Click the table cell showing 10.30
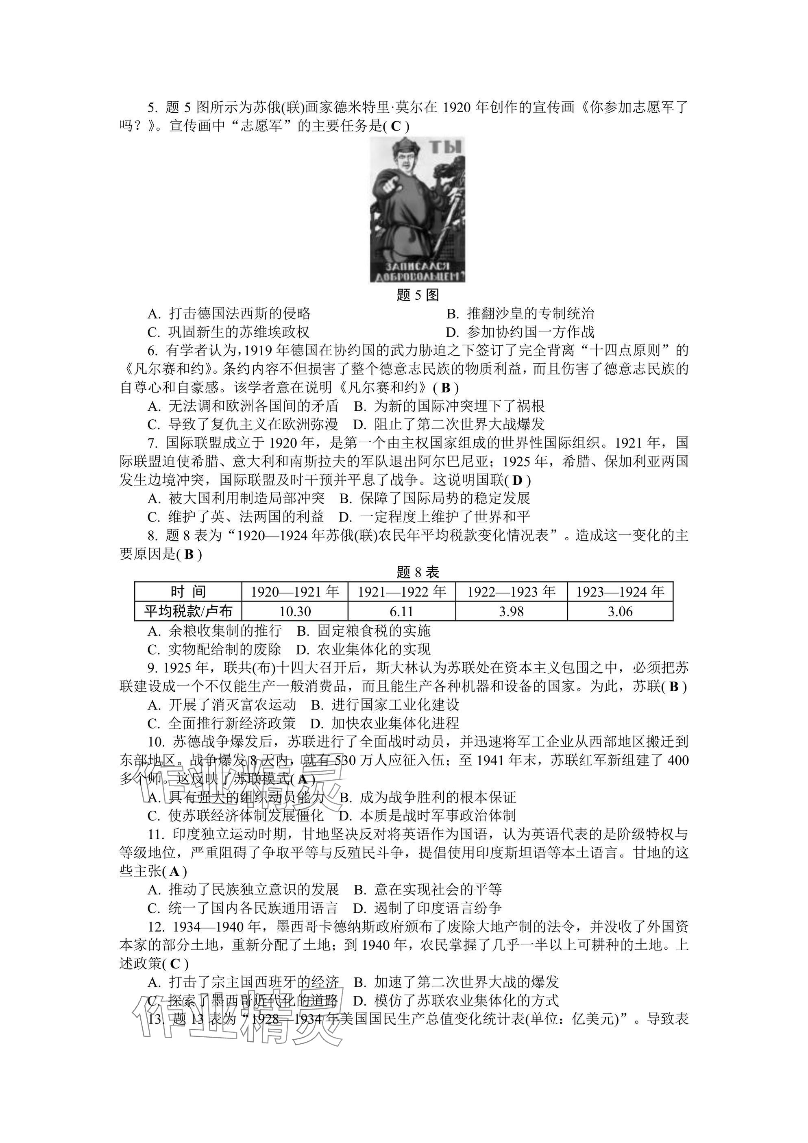click(x=294, y=611)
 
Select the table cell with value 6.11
click(x=401, y=611)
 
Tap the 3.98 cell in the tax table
click(x=511, y=611)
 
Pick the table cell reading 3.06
click(x=620, y=611)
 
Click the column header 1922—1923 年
click(x=511, y=592)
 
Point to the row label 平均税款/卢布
click(x=188, y=611)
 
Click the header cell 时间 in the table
click(x=188, y=592)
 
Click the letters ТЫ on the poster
click(x=445, y=147)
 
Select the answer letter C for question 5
click(x=396, y=127)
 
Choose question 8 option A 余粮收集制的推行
click(x=215, y=631)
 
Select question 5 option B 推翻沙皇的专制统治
click(x=521, y=314)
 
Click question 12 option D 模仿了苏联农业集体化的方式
click(x=456, y=1001)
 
